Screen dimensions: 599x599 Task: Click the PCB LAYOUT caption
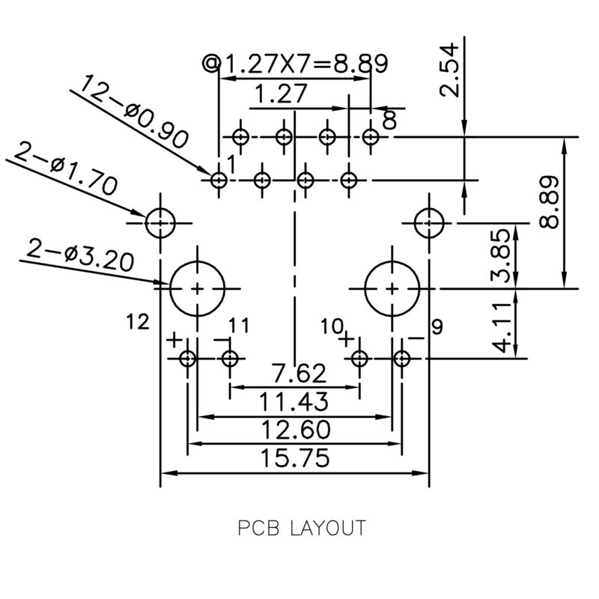[x=302, y=528]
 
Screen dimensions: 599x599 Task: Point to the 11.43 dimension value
[x=294, y=402]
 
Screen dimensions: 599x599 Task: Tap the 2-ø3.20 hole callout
[x=80, y=255]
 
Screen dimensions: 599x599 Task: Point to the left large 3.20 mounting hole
[x=197, y=288]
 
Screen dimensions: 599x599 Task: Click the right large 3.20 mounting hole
[x=392, y=288]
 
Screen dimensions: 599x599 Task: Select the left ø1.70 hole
[x=160, y=223]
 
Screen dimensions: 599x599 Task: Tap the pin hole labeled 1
[x=219, y=180]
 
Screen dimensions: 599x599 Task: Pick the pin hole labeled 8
[x=371, y=137]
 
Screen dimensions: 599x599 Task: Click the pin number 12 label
[x=139, y=322]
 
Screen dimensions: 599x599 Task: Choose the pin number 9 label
[x=437, y=326]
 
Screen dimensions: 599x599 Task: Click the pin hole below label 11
[x=230, y=359]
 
